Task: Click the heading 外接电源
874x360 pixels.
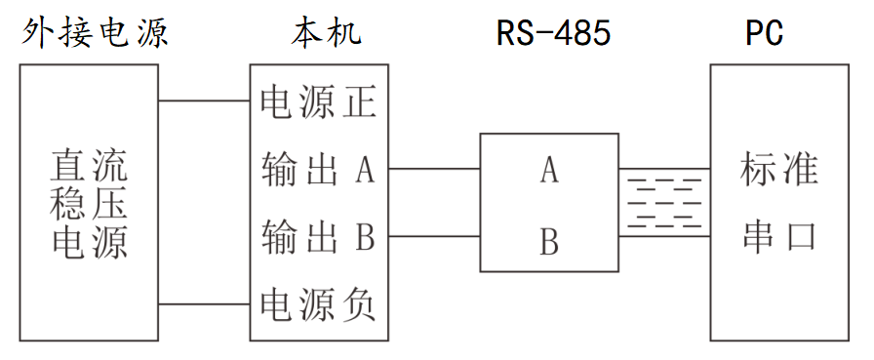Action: coord(96,33)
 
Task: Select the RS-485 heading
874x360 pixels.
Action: coord(553,33)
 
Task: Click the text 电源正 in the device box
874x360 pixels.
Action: coord(318,102)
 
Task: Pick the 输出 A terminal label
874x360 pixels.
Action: coord(318,170)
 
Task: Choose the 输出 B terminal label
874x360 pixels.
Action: coord(318,236)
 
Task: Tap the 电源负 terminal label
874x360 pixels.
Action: coord(318,304)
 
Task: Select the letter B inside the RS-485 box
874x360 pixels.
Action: coord(549,240)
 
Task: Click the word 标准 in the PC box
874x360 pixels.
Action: coord(778,170)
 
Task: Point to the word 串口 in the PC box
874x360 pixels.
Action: coord(778,237)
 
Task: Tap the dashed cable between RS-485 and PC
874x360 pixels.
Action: coord(664,202)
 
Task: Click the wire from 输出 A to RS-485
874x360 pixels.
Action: coord(434,169)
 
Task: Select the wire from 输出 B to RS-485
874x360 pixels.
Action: coord(434,236)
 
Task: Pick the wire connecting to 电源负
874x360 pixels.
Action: coord(204,304)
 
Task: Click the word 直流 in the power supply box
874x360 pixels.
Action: coord(89,168)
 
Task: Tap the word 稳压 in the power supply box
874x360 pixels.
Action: coord(89,204)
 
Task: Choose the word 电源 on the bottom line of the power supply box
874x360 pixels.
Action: coord(89,240)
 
